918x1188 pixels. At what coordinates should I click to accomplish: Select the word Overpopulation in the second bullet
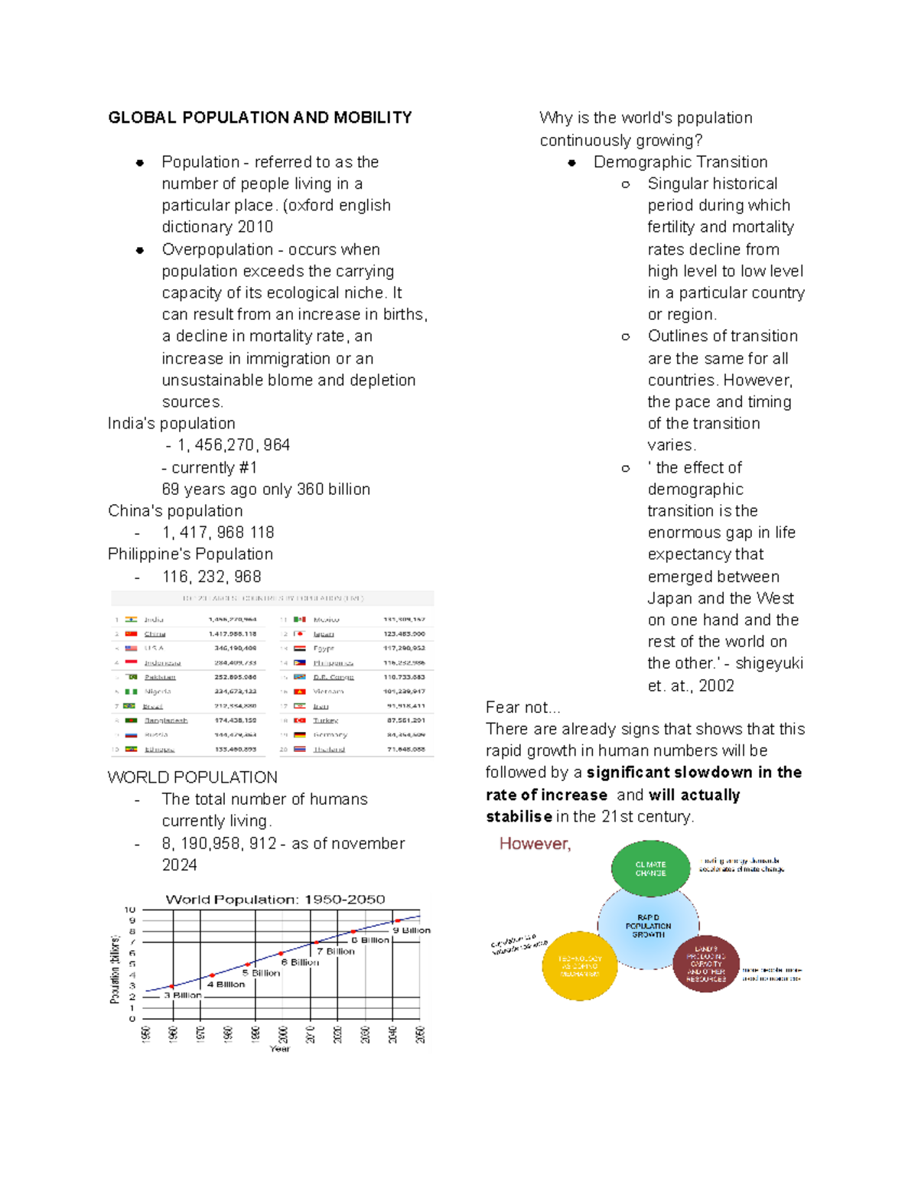coord(217,249)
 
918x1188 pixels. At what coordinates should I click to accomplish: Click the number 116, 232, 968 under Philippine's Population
coord(212,576)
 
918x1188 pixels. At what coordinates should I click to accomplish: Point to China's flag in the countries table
coord(132,633)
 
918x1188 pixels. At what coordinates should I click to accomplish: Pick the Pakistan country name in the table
coord(160,677)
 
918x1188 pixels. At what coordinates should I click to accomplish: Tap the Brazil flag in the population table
coord(130,705)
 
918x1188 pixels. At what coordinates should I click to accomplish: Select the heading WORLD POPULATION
coord(193,777)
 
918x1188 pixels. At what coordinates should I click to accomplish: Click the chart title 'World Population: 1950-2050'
coord(275,900)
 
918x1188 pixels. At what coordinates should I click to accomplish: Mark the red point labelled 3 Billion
coord(172,986)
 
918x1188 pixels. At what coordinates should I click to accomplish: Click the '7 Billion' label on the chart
coord(336,952)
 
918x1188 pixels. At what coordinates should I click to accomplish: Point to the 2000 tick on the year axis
coord(283,1034)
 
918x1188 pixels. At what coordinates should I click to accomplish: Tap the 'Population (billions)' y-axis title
coord(115,968)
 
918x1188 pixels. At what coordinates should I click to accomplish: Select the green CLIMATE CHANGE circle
coord(650,868)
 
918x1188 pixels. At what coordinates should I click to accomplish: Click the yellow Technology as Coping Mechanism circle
coord(579,965)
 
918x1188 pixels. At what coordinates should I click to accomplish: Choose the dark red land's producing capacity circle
coord(705,964)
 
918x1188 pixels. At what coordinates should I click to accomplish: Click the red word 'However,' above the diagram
coord(535,844)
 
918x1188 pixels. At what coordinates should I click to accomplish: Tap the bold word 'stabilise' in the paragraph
coord(519,816)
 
